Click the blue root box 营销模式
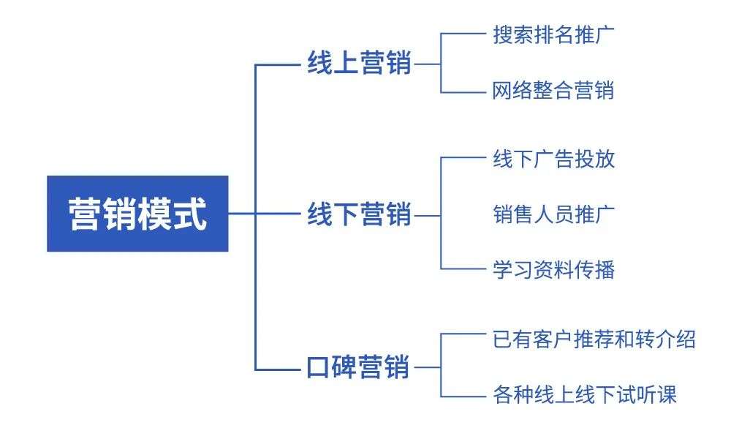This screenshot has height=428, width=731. (137, 214)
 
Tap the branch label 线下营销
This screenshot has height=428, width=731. (359, 214)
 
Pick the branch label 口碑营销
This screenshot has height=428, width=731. (358, 367)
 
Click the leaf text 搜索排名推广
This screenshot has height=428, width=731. (553, 35)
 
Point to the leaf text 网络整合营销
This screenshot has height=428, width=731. (553, 90)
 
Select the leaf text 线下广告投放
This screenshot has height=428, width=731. (554, 159)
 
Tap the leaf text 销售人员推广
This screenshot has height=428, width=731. (554, 214)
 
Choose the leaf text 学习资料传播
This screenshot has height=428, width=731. (554, 270)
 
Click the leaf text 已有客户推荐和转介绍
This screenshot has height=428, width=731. (594, 339)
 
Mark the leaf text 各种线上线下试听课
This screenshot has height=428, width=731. (585, 394)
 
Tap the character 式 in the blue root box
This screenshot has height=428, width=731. (190, 214)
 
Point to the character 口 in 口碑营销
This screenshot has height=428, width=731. (319, 367)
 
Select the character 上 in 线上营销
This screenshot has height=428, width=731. (346, 63)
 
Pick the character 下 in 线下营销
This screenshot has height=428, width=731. (346, 214)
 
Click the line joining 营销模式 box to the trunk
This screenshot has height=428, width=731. (242, 214)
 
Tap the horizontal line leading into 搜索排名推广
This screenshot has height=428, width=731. (463, 34)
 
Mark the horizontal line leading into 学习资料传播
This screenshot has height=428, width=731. (463, 269)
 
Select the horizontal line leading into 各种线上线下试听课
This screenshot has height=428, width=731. (463, 397)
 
